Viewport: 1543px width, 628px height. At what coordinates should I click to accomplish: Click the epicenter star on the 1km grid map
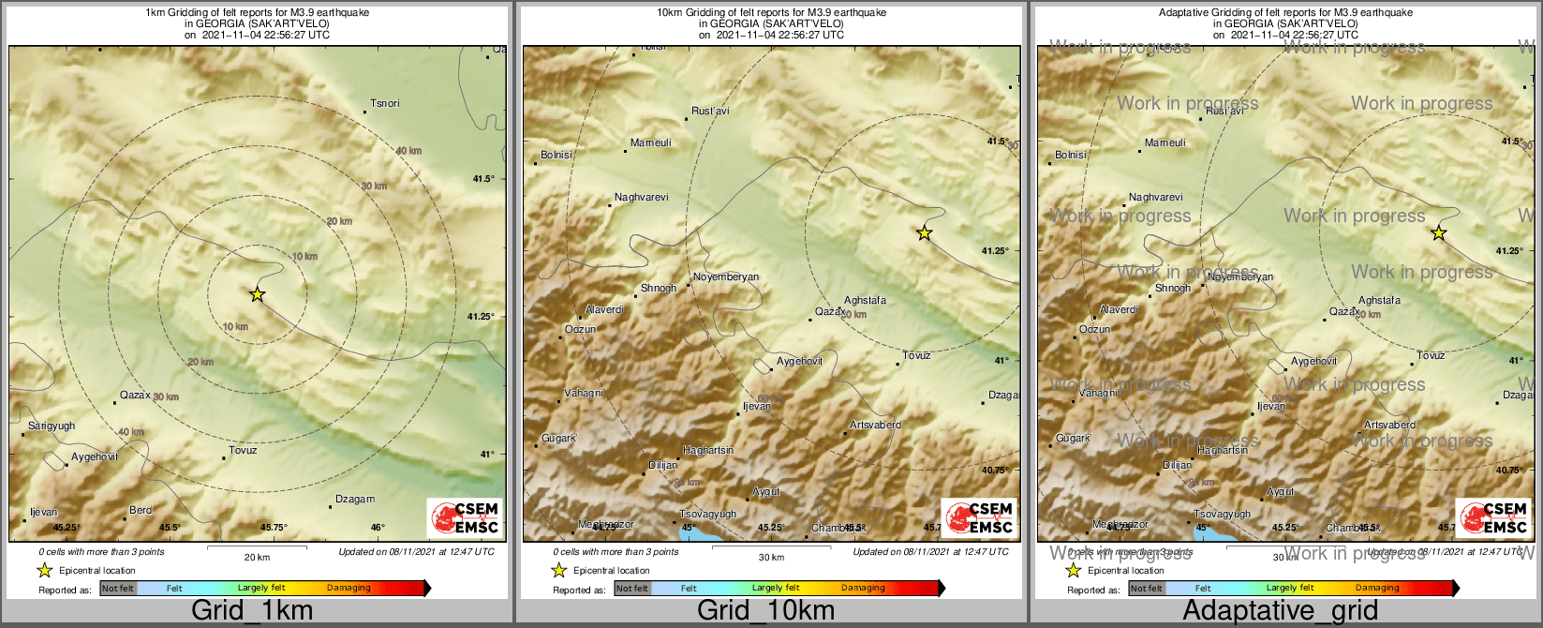pos(257,294)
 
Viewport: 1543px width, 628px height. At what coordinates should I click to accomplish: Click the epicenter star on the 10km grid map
pos(924,232)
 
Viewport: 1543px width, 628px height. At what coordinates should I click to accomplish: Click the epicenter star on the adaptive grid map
pos(1438,232)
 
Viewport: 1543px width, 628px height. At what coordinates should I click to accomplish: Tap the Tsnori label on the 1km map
pos(385,103)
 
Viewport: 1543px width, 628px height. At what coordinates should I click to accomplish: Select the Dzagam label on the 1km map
pos(355,500)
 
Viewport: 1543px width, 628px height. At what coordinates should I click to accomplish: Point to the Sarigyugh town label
pos(52,426)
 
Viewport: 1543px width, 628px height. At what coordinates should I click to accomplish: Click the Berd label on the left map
pos(141,511)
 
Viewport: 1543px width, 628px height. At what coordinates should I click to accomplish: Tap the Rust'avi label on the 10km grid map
pos(710,111)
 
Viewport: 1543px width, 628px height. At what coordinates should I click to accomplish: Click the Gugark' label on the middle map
pos(559,439)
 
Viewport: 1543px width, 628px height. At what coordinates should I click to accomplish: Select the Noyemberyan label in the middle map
pos(726,277)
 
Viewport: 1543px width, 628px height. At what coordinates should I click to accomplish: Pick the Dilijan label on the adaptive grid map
pos(1178,465)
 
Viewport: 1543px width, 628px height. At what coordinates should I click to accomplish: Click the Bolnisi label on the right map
pos(1071,155)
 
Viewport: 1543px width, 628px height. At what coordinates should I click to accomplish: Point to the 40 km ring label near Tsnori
pos(408,151)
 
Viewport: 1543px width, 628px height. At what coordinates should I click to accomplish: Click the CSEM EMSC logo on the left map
pos(464,518)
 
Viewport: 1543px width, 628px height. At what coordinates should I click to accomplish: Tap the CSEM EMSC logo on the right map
pos(1492,518)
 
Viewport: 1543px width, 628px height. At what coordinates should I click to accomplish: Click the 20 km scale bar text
pos(257,557)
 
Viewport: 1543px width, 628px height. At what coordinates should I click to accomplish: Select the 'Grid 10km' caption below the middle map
pos(765,611)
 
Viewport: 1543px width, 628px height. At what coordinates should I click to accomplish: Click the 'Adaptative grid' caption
pos(1280,611)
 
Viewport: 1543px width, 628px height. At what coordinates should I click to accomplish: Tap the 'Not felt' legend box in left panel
pos(118,589)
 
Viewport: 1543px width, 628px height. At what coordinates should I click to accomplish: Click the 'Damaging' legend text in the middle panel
pos(863,589)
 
